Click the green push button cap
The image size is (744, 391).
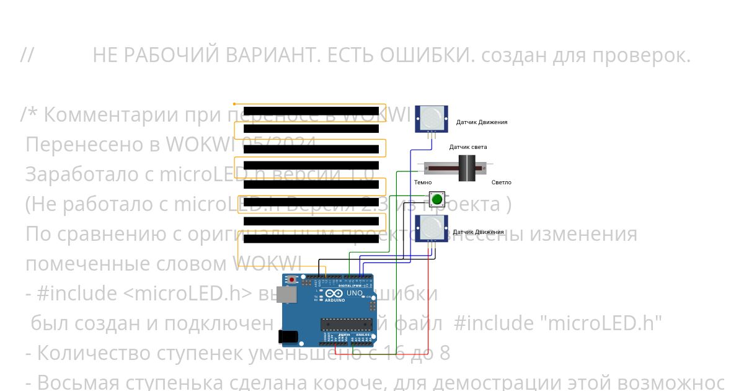pos(437,199)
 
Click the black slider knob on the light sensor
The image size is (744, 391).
pos(467,168)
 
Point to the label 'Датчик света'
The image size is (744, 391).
pos(468,147)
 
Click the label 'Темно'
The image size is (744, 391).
pos(423,182)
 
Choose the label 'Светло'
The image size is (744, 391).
pos(501,182)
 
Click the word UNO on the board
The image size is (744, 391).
pos(354,293)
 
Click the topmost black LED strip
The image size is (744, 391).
pos(311,111)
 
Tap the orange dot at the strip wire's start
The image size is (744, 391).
pos(234,104)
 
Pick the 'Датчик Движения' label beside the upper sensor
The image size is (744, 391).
pos(482,122)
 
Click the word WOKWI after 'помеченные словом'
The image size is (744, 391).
pos(268,264)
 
